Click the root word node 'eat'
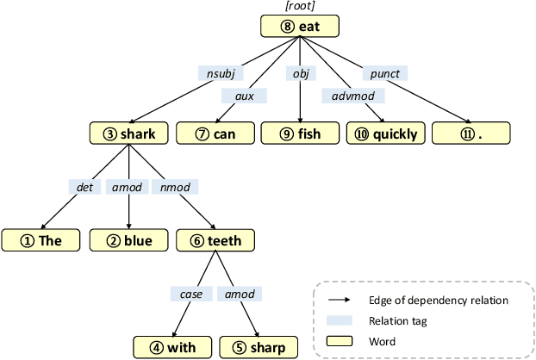coord(299,27)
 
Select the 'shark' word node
coord(128,133)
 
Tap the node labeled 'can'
coord(215,133)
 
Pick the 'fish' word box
coord(299,133)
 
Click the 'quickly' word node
coord(385,133)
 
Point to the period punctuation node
coord(471,133)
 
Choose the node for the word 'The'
coord(41,240)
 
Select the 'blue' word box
coord(128,240)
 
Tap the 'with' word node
coord(171,347)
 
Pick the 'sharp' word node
coord(259,347)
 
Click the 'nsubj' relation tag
coord(217,74)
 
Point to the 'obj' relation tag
coord(300,74)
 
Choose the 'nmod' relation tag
coord(175,185)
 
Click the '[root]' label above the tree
coord(298,8)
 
